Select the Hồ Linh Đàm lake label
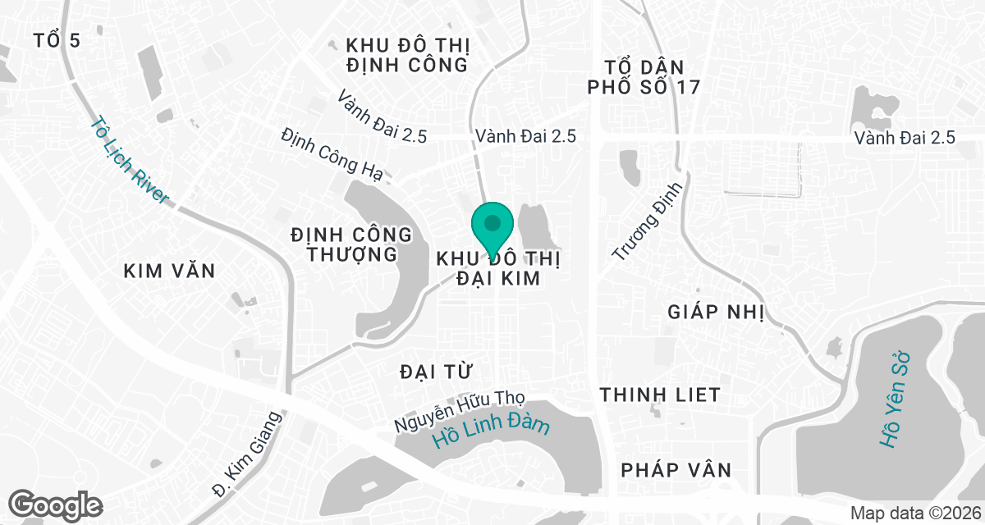click(492, 433)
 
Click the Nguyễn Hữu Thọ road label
click(459, 411)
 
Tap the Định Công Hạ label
click(332, 152)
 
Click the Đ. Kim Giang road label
click(246, 454)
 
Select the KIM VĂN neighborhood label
click(169, 271)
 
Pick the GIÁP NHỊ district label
click(716, 312)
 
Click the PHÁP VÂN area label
click(676, 470)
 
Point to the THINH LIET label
click(660, 395)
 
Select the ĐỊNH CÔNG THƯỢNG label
click(351, 244)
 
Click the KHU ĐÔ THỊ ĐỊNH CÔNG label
click(406, 54)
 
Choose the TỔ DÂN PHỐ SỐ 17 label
click(644, 76)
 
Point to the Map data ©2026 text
click(914, 513)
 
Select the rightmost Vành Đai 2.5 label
click(905, 137)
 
